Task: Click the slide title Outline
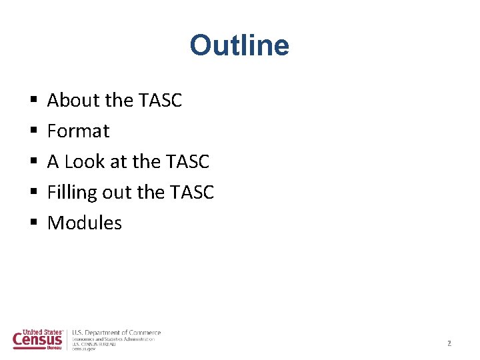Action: coord(239,45)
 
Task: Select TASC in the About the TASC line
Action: coord(160,100)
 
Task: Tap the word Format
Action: coord(78,131)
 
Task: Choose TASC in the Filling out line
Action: coord(192,192)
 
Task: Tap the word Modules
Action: coord(85,223)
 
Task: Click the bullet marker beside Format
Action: coord(33,131)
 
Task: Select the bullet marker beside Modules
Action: coord(33,223)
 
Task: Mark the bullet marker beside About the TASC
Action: coord(33,101)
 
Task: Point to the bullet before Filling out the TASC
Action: coord(33,193)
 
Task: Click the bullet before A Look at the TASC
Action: coord(33,162)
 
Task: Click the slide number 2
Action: coord(449,343)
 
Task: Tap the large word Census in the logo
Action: coord(38,340)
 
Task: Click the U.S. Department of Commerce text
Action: coord(116,333)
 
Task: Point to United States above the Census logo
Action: coord(42,331)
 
